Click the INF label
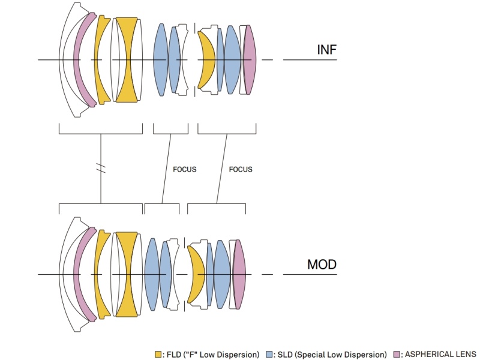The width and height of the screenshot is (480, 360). pyautogui.click(x=326, y=50)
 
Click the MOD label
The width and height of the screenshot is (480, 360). pyautogui.click(x=322, y=264)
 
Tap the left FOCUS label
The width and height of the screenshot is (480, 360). pyautogui.click(x=184, y=169)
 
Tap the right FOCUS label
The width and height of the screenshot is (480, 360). pyautogui.click(x=241, y=169)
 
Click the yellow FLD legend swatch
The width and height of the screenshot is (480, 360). pyautogui.click(x=158, y=354)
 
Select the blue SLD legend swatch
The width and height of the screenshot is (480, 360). pyautogui.click(x=269, y=354)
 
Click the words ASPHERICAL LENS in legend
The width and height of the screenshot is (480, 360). pyautogui.click(x=440, y=354)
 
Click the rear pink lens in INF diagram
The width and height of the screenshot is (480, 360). pyautogui.click(x=250, y=59)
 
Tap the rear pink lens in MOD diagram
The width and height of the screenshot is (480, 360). pyautogui.click(x=239, y=274)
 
